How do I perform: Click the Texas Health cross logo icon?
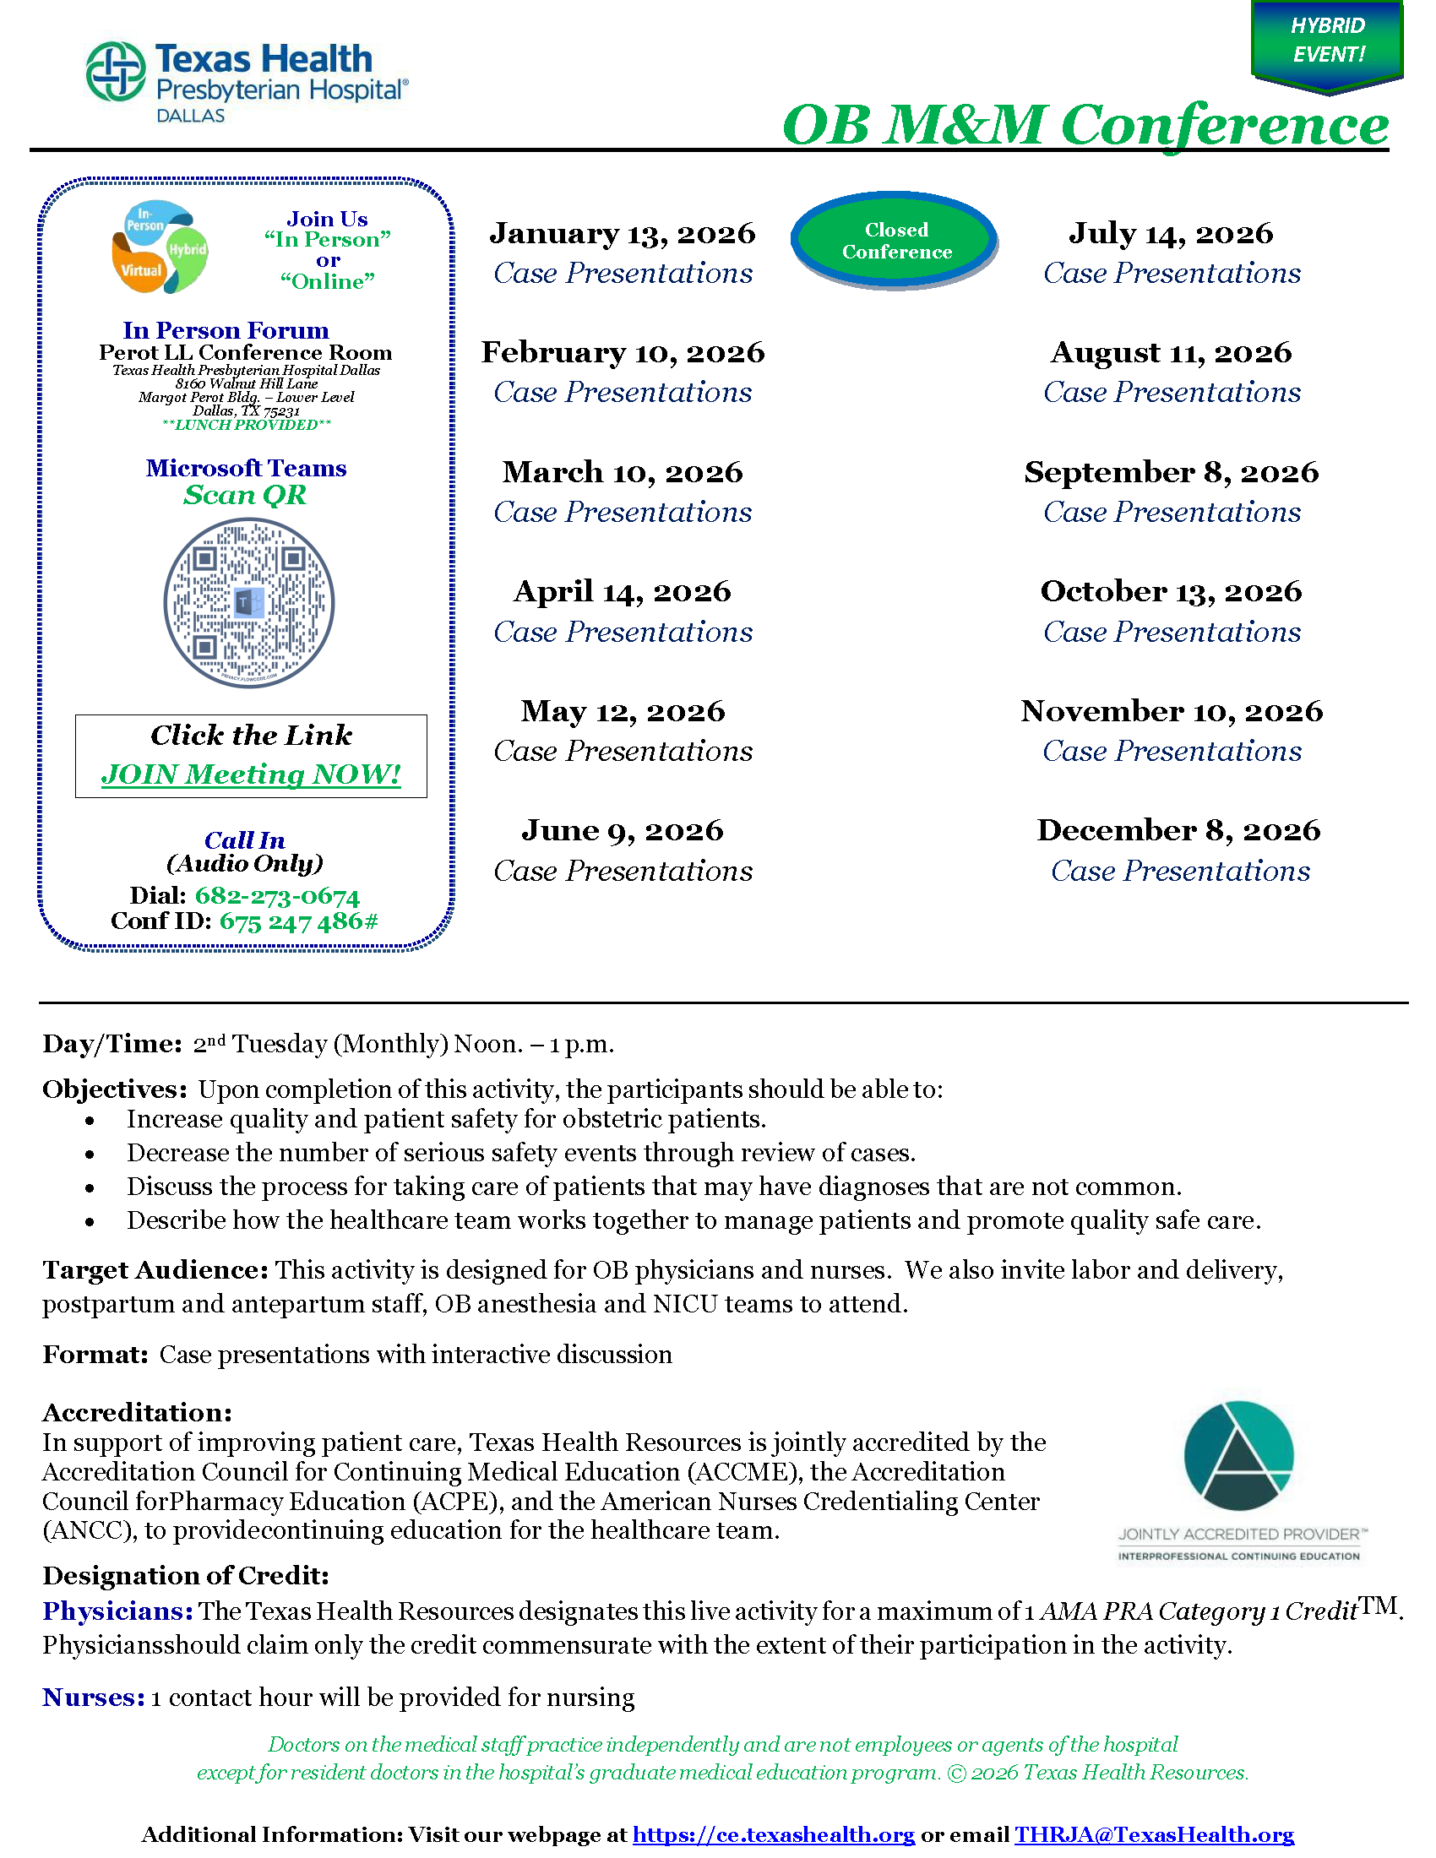pyautogui.click(x=116, y=72)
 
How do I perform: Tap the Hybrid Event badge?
pyautogui.click(x=1326, y=42)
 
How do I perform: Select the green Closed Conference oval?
pyautogui.click(x=895, y=241)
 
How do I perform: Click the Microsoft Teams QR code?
pyautogui.click(x=248, y=603)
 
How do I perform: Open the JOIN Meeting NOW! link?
pyautogui.click(x=251, y=774)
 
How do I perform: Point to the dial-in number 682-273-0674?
pyautogui.click(x=276, y=896)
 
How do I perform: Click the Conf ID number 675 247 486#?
pyautogui.click(x=297, y=921)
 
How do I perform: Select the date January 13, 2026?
pyautogui.click(x=622, y=233)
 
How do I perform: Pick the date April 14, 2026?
pyautogui.click(x=622, y=591)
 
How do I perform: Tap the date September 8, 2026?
pyautogui.click(x=1172, y=472)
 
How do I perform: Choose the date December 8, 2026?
pyautogui.click(x=1178, y=830)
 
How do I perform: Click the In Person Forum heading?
pyautogui.click(x=226, y=330)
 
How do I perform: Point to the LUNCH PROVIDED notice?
pyautogui.click(x=246, y=425)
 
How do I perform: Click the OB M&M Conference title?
pyautogui.click(x=1085, y=125)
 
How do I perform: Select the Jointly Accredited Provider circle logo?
pyautogui.click(x=1238, y=1456)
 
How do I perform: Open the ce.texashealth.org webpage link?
pyautogui.click(x=773, y=1834)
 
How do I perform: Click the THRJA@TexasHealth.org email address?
pyautogui.click(x=1154, y=1834)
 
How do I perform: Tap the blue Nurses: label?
pyautogui.click(x=94, y=1698)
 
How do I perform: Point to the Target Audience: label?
pyautogui.click(x=155, y=1270)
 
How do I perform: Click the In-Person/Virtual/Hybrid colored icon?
pyautogui.click(x=160, y=247)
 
